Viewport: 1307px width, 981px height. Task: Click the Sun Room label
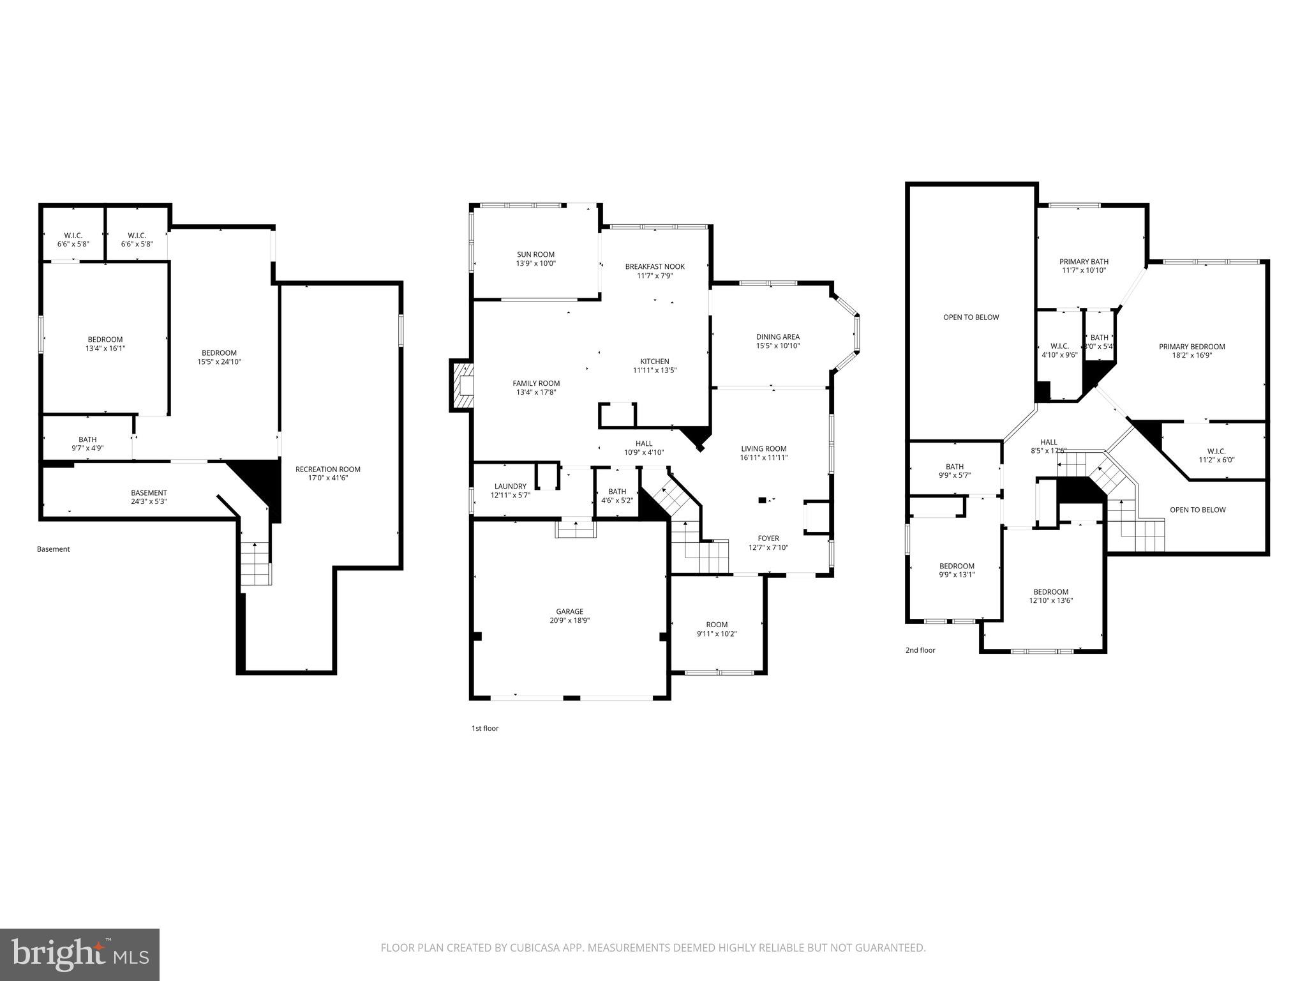(x=535, y=254)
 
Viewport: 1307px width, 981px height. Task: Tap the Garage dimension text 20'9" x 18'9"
(x=569, y=620)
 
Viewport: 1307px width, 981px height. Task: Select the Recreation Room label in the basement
(x=327, y=469)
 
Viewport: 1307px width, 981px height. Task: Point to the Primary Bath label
(x=1084, y=262)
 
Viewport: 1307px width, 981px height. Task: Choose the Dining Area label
(x=777, y=337)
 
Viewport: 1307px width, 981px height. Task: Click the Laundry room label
(x=510, y=487)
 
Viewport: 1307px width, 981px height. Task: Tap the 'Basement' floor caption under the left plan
(x=54, y=549)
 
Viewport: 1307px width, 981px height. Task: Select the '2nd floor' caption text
(x=920, y=650)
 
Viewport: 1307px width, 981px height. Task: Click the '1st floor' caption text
(x=485, y=728)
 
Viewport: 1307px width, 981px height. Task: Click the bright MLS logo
(x=80, y=954)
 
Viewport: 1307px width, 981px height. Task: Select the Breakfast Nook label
(x=655, y=267)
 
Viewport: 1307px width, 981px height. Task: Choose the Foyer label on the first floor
(x=768, y=538)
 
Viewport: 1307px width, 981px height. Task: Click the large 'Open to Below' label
(x=971, y=317)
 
